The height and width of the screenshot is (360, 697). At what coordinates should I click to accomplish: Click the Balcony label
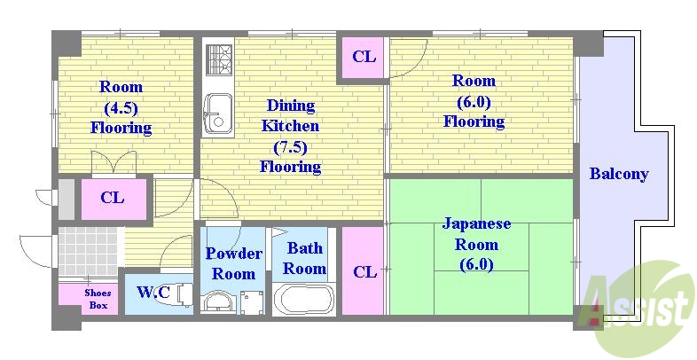click(x=618, y=174)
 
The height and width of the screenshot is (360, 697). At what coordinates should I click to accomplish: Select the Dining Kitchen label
click(x=290, y=136)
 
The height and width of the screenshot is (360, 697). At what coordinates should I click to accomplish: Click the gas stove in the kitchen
click(x=217, y=59)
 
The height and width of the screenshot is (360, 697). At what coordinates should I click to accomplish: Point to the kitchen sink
click(x=216, y=113)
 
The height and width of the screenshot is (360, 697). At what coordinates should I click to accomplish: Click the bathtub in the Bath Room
click(x=303, y=298)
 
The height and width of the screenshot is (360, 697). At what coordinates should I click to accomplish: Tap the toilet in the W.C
click(x=181, y=293)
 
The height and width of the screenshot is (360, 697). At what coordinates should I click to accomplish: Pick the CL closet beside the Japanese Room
click(x=364, y=271)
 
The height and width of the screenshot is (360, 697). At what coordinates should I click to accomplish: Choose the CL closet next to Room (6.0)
click(x=364, y=58)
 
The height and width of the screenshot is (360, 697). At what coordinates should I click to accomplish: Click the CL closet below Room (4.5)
click(x=112, y=198)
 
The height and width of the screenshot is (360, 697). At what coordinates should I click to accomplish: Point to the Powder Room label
click(x=234, y=263)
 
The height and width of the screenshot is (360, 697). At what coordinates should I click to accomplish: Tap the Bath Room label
click(x=304, y=258)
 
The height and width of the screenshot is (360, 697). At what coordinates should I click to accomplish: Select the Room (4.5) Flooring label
click(x=121, y=107)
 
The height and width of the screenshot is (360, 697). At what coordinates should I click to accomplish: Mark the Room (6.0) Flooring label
click(x=474, y=101)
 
